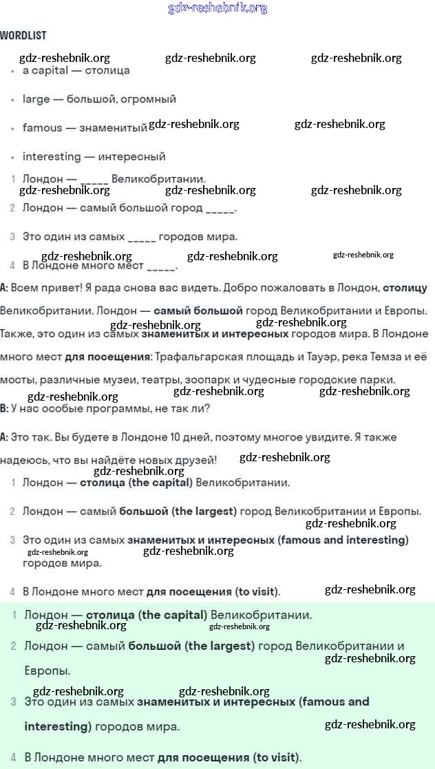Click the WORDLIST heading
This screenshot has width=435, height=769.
[23, 35]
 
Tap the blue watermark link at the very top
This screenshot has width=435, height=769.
[217, 8]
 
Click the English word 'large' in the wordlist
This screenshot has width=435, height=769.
[36, 99]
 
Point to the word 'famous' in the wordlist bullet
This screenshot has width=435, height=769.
[42, 128]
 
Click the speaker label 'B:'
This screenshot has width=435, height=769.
[4, 408]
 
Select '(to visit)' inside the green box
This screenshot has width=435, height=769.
[277, 758]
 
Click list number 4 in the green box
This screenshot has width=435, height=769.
[14, 758]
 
